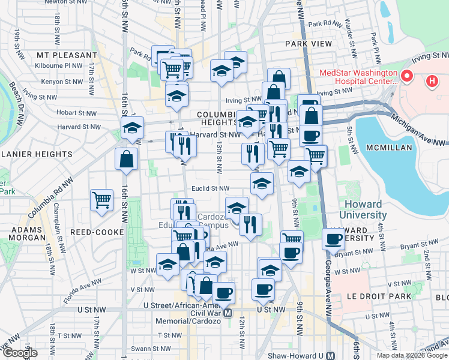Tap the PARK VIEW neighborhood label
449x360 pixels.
tap(309, 44)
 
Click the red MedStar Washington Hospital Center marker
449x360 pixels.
tap(407, 76)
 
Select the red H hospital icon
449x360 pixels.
tap(431, 80)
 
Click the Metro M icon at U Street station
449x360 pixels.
tap(228, 313)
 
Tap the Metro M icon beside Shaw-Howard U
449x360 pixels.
tap(330, 356)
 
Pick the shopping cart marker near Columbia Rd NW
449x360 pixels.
tap(102, 200)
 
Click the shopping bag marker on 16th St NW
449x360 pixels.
tap(127, 159)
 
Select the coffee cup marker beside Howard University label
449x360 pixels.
tap(334, 239)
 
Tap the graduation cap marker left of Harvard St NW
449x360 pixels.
tap(133, 127)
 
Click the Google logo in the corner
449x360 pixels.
tap(20, 353)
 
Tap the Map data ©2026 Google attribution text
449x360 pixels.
tap(411, 355)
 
